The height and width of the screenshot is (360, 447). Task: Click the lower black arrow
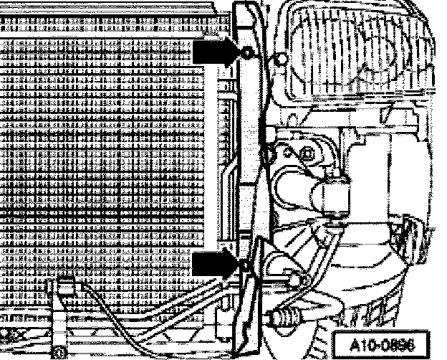(x=213, y=263)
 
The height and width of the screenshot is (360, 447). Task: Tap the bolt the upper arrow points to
(x=247, y=53)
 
